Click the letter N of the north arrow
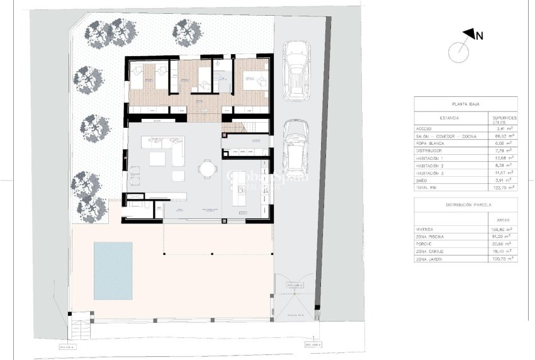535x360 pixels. tap(479, 36)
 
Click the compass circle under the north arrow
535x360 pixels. tap(458, 52)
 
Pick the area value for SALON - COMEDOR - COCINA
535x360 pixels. tap(504, 136)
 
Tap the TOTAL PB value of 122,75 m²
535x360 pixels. tap(504, 187)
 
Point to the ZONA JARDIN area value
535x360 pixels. tap(503, 258)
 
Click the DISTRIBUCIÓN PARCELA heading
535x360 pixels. tap(465, 205)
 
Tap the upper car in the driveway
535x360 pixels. tap(295, 70)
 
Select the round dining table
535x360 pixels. tap(207, 169)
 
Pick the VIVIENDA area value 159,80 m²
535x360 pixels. tap(503, 230)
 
